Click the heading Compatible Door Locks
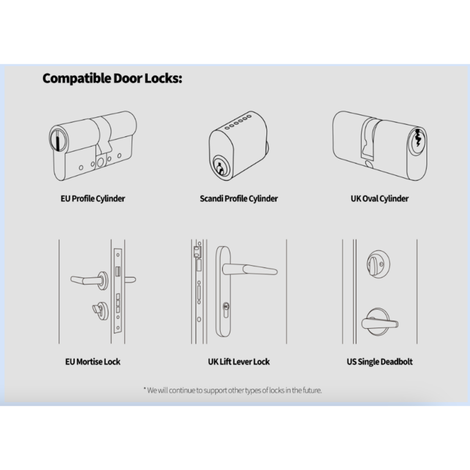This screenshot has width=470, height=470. pyautogui.click(x=112, y=78)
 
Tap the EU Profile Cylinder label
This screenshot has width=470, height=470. pyautogui.click(x=93, y=199)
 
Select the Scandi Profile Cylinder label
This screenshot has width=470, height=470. pyautogui.click(x=239, y=199)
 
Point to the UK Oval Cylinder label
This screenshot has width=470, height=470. pyautogui.click(x=380, y=199)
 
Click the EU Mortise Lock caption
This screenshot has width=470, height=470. pyautogui.click(x=93, y=362)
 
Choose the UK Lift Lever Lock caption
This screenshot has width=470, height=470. pyautogui.click(x=239, y=362)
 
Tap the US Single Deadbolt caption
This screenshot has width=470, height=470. pyautogui.click(x=380, y=362)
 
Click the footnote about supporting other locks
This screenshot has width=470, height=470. pyautogui.click(x=233, y=390)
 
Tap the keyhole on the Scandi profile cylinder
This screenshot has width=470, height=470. pyautogui.click(x=220, y=168)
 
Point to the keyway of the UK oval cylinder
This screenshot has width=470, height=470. pyautogui.click(x=418, y=138)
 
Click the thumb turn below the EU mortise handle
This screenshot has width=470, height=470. pyautogui.click(x=100, y=310)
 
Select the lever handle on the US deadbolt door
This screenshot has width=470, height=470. pyautogui.click(x=380, y=323)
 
